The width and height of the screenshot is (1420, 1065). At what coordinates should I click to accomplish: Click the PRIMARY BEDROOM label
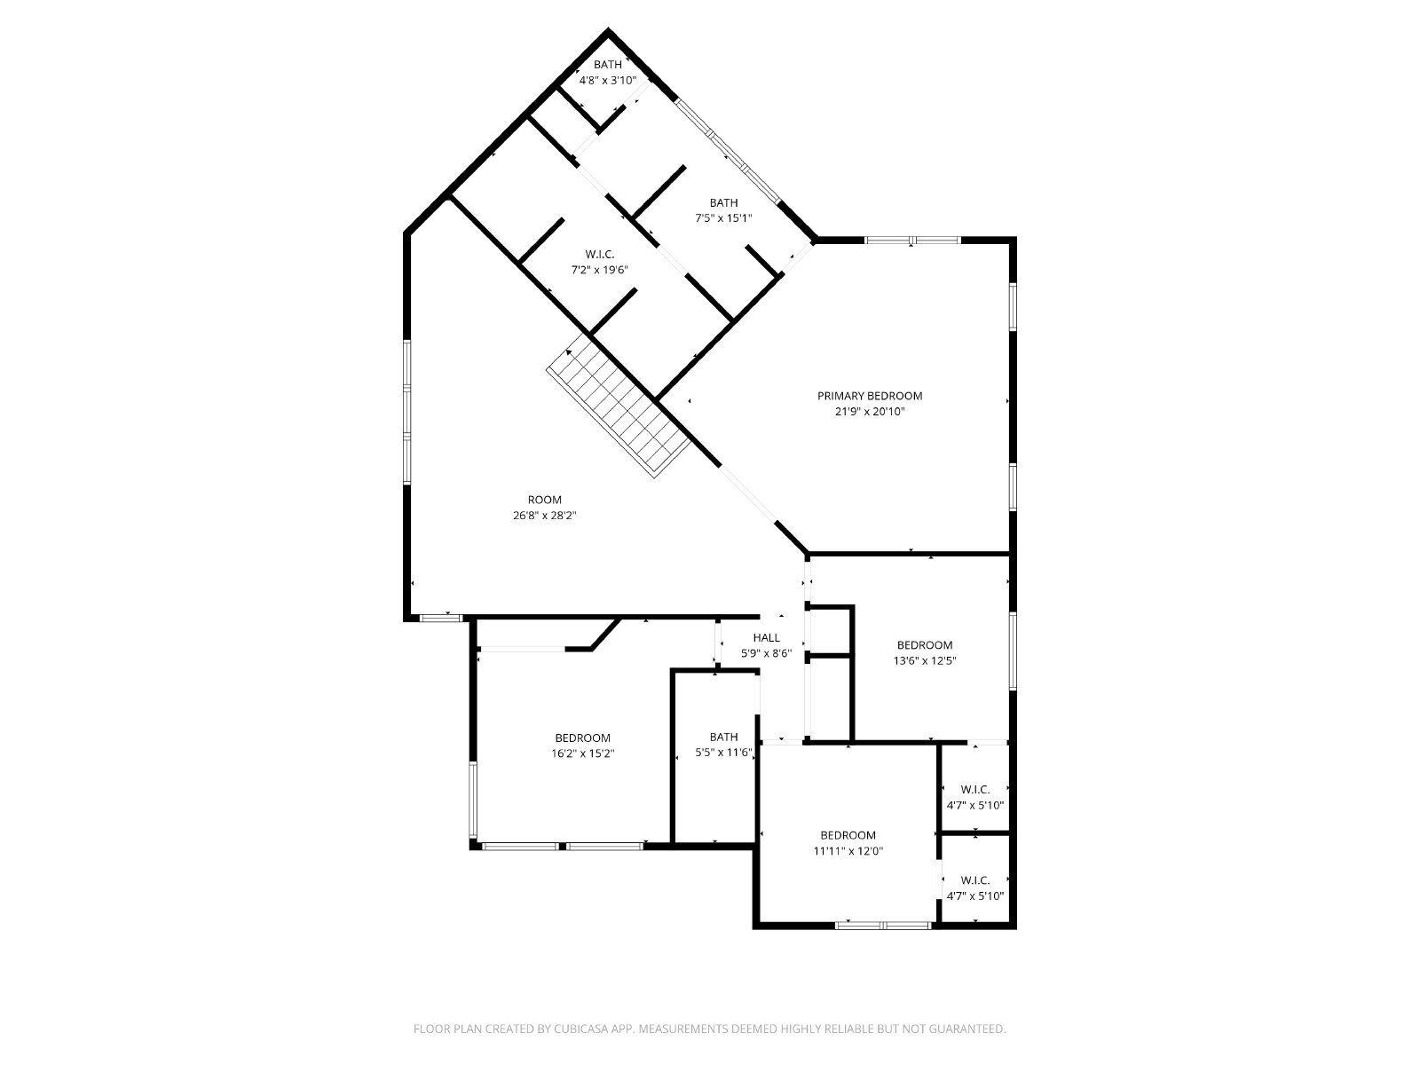[x=870, y=396]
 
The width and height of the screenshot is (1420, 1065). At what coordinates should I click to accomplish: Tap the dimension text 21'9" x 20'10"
[x=870, y=411]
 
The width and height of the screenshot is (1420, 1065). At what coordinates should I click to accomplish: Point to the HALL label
[x=767, y=637]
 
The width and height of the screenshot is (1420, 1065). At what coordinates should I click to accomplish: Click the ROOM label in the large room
[x=545, y=500]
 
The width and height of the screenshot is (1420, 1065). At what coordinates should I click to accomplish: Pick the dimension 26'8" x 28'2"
[x=545, y=516]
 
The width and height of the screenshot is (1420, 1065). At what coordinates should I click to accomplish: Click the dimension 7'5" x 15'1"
[x=723, y=218]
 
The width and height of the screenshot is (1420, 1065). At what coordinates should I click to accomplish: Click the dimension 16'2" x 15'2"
[x=583, y=753]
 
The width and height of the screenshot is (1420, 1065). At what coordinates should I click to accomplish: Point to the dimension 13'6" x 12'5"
[x=925, y=660]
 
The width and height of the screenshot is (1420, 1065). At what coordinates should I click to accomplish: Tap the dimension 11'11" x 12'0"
[x=848, y=851]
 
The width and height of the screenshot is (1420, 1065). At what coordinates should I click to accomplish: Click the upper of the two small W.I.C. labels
[x=974, y=790]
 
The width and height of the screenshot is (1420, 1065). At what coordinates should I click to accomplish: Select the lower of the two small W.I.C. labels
[x=974, y=880]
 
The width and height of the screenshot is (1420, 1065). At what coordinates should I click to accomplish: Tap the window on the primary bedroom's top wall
[x=912, y=241]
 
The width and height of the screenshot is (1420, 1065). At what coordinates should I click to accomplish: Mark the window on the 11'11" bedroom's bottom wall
[x=883, y=926]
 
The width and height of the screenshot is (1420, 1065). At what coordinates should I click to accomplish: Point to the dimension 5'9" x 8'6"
[x=767, y=653]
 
